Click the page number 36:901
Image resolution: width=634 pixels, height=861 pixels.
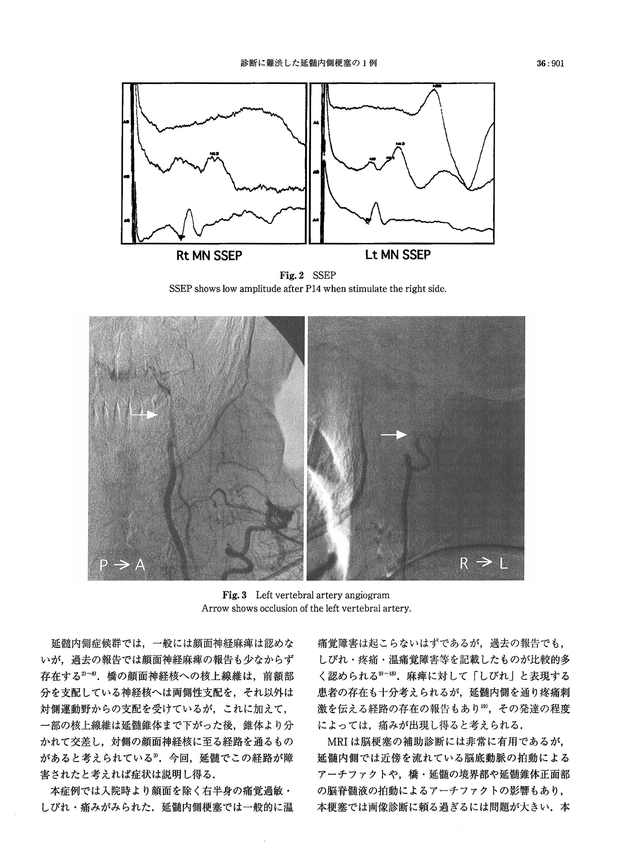(x=550, y=63)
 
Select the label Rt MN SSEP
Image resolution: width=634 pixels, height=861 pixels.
(x=209, y=256)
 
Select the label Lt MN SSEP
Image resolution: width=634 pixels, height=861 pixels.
(x=398, y=255)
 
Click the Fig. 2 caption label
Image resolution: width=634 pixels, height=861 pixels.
(x=292, y=275)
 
